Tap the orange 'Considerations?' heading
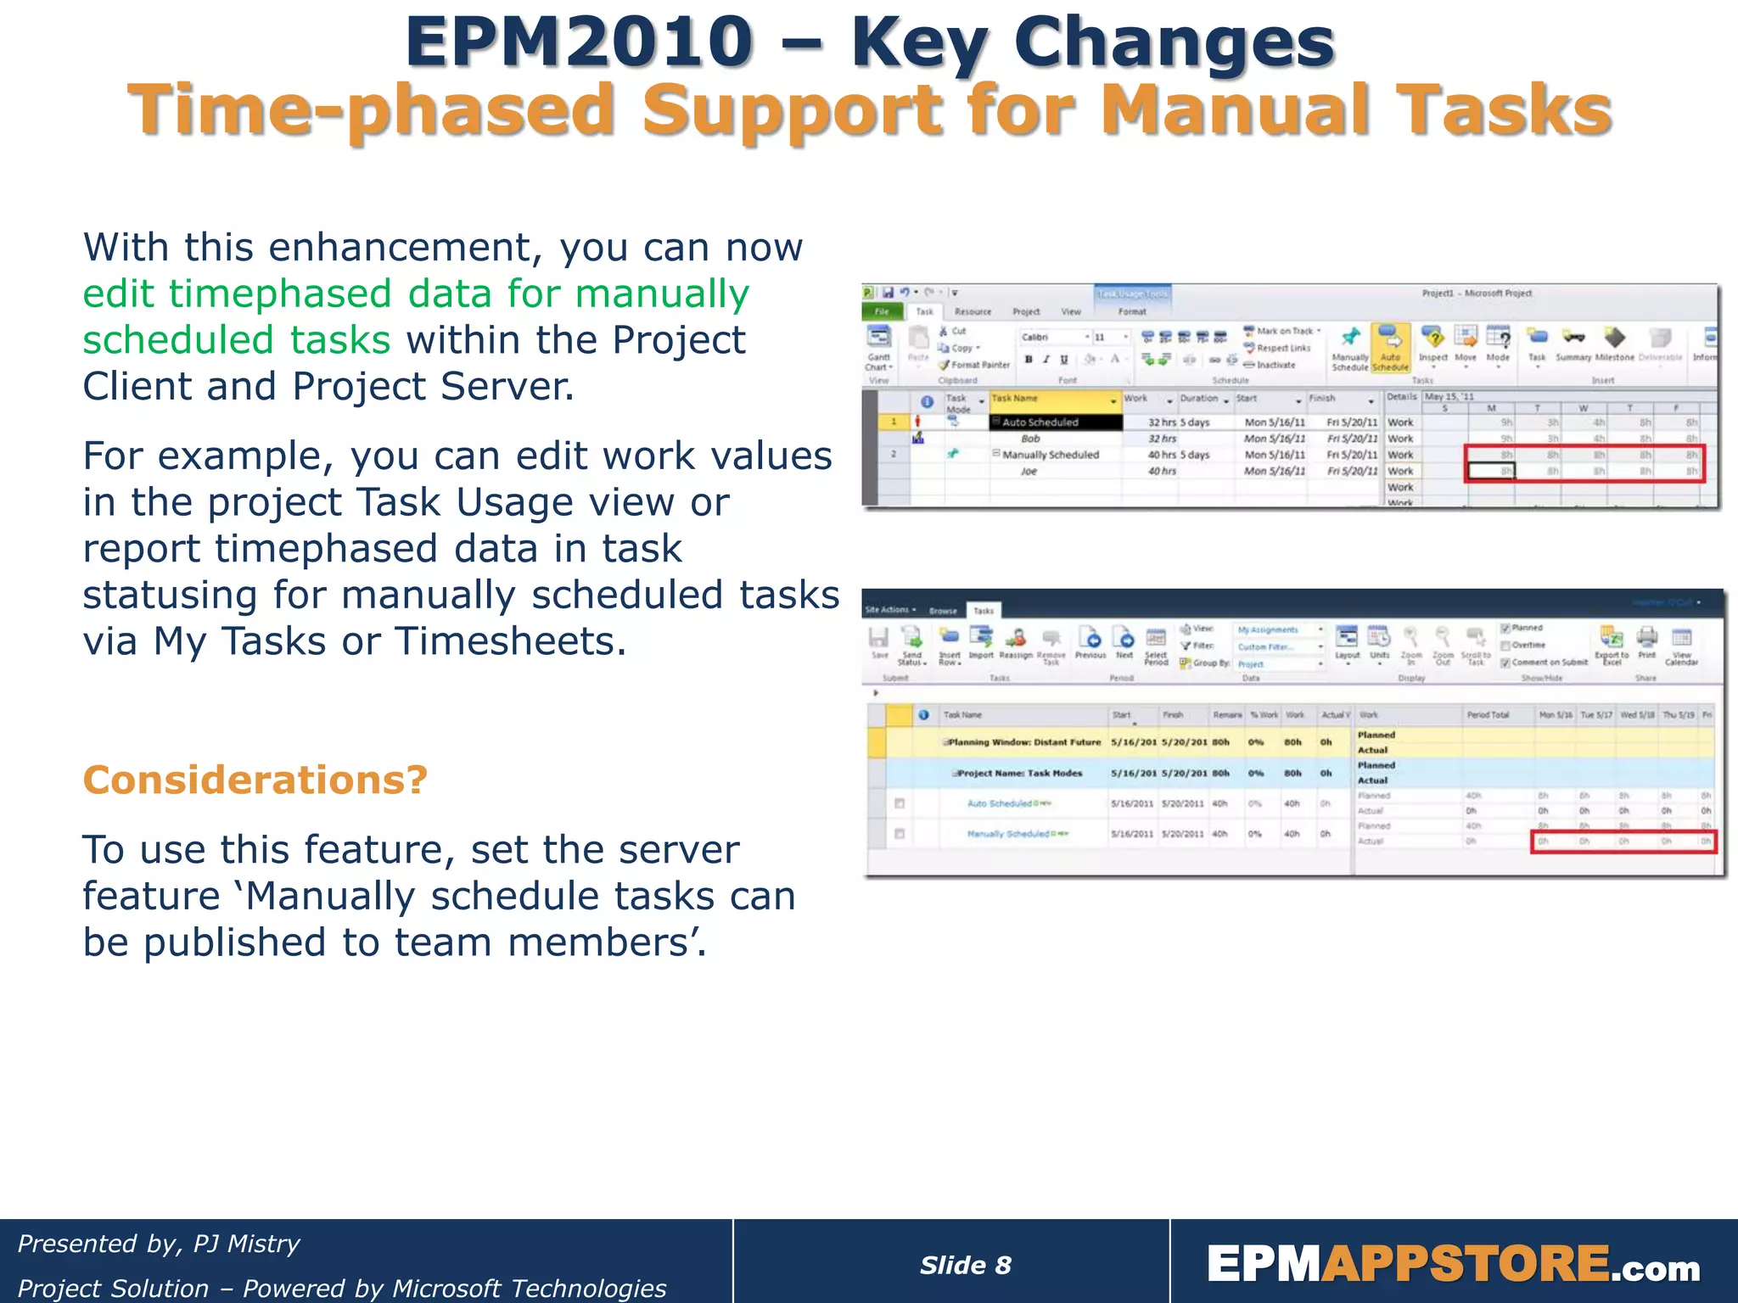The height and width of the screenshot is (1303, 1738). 255,780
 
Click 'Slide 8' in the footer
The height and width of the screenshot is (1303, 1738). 965,1265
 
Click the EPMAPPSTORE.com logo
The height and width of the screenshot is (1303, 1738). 1453,1265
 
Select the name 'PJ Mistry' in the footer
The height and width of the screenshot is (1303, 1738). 246,1244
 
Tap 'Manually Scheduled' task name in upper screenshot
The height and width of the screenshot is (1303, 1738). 1050,456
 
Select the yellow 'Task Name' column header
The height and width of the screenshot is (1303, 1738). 1052,399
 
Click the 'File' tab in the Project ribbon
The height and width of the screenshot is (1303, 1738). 882,311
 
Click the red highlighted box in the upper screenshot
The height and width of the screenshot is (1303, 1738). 1584,463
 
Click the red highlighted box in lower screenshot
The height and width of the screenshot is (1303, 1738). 1623,842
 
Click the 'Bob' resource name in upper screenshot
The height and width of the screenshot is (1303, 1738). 1030,439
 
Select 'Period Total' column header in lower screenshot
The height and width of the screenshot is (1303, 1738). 1488,715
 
